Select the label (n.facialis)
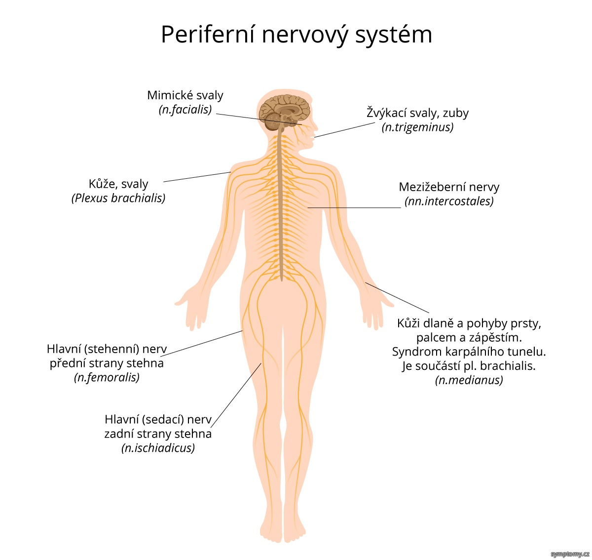[185, 110]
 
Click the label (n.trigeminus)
[418, 127]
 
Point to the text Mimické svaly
[185, 95]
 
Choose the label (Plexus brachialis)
[118, 198]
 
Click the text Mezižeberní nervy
[449, 187]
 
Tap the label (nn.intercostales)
[449, 201]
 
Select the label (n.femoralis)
[107, 377]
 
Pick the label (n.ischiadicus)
[158, 448]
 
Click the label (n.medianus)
[469, 380]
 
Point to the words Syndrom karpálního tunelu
[469, 352]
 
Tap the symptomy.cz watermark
[570, 555]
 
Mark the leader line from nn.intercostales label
[354, 207]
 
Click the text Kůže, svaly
[118, 184]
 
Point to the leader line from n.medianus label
[397, 297]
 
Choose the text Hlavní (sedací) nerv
[158, 420]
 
